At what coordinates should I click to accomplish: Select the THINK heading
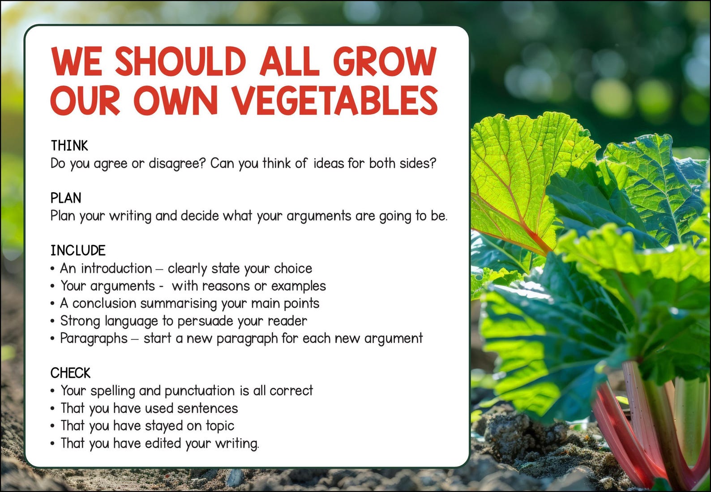click(x=69, y=146)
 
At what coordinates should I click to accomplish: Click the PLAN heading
click(x=66, y=198)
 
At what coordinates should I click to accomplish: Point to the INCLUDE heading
click(x=78, y=250)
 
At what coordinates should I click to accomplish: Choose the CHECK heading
click(x=70, y=373)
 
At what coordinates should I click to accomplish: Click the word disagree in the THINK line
click(x=176, y=163)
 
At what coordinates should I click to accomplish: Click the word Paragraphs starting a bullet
click(x=94, y=338)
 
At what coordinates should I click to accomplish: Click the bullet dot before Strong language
click(x=52, y=321)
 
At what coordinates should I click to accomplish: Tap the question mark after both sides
click(x=432, y=163)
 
